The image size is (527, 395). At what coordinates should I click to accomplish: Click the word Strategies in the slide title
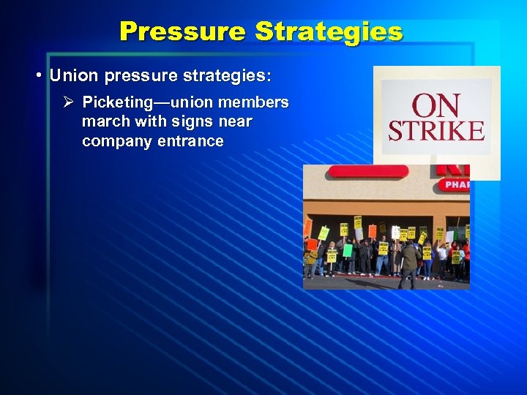(329, 31)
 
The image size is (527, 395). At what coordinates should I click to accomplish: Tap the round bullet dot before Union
(38, 76)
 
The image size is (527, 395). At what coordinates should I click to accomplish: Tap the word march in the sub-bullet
(105, 121)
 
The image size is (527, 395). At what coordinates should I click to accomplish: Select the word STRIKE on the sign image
(436, 131)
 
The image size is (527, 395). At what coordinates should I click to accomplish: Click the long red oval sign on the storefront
(367, 172)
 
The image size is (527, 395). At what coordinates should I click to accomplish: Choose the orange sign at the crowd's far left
(307, 227)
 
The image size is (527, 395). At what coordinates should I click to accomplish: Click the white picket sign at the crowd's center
(395, 232)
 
